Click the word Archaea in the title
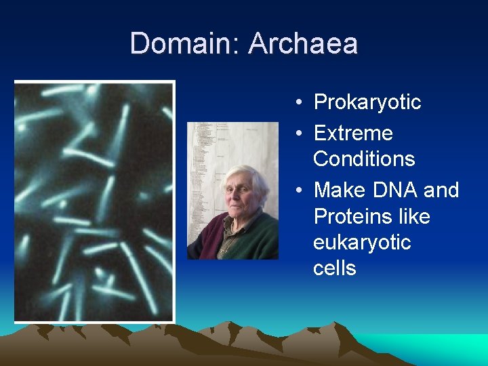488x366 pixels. [x=303, y=44]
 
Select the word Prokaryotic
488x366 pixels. [x=367, y=102]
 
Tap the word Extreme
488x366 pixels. [x=353, y=133]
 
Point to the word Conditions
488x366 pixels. [x=364, y=159]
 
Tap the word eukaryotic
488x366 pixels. [x=362, y=242]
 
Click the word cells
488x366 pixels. [x=334, y=268]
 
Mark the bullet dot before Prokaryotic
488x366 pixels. [x=299, y=103]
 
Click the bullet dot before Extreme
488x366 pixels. [x=299, y=134]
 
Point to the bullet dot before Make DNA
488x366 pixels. [x=299, y=190]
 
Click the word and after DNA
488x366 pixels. [x=441, y=190]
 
